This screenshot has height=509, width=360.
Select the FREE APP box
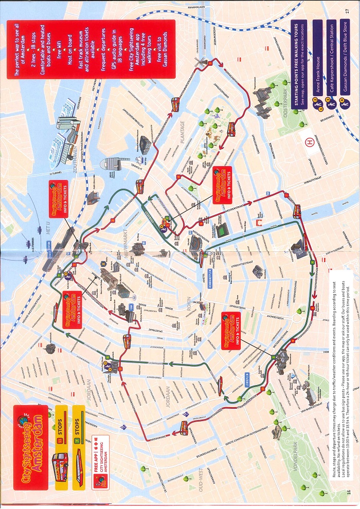(x=100, y=453)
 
